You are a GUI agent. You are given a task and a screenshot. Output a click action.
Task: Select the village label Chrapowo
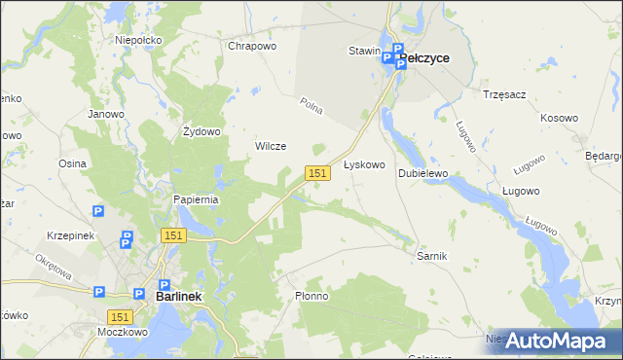252,46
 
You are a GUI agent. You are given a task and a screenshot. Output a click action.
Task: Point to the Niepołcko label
137,40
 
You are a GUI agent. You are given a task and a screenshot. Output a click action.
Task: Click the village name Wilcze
270,146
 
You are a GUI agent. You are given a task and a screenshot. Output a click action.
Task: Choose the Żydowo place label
202,131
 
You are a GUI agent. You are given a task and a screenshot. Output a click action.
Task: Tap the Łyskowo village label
365,165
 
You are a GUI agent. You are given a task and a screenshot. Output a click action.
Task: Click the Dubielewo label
422,173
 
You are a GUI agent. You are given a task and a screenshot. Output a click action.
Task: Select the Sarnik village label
430,255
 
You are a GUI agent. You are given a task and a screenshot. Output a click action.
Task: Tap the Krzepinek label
69,235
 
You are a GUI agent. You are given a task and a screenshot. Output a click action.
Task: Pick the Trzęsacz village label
504,94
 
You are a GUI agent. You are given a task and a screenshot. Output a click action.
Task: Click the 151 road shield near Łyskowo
315,172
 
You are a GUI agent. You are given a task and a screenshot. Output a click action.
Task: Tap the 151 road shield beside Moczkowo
120,317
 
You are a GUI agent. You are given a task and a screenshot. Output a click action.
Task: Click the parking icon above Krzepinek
97,211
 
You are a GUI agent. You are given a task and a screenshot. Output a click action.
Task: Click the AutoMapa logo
556,340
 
